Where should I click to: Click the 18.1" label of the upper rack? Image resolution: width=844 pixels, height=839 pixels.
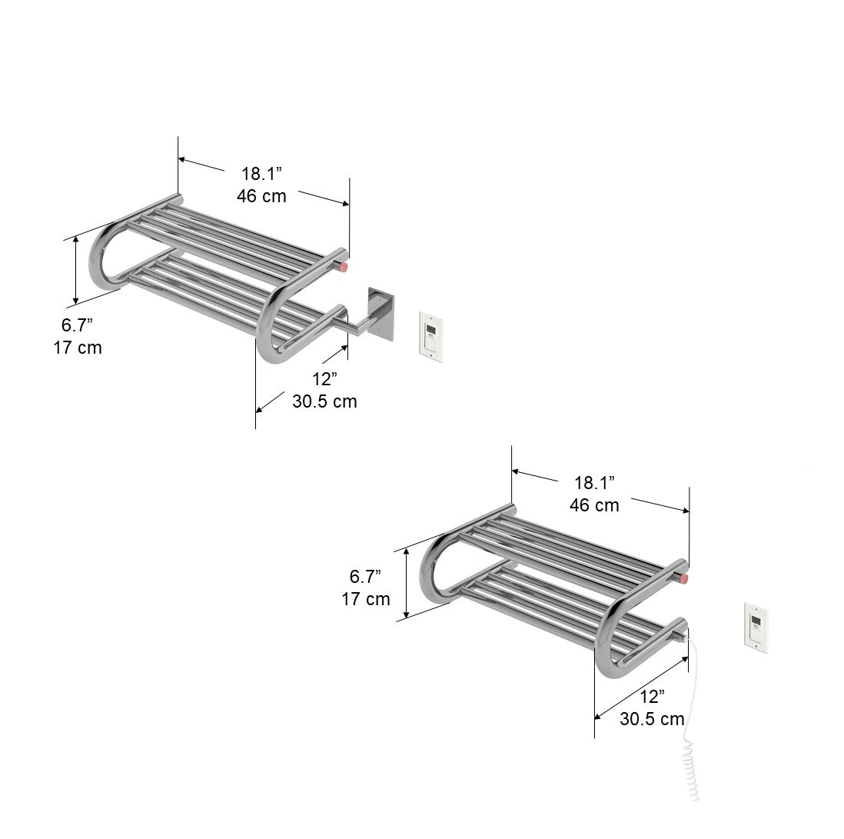click(261, 174)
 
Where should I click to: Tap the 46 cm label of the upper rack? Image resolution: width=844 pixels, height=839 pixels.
click(261, 196)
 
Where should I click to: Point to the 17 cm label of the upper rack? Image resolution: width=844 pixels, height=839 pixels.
click(77, 348)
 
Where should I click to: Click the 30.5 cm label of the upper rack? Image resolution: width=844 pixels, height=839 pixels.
click(324, 401)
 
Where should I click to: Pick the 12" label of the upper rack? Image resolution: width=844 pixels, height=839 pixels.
click(324, 379)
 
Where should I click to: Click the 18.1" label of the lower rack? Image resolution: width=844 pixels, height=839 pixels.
click(594, 483)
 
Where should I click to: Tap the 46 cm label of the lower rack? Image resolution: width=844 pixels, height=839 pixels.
click(594, 505)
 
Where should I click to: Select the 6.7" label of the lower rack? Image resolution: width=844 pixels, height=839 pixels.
click(366, 576)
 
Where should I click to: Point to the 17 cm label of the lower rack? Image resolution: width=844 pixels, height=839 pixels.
click(366, 599)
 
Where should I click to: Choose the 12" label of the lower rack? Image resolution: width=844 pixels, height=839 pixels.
click(652, 697)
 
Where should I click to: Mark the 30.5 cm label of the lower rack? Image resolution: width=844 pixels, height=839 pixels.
click(652, 719)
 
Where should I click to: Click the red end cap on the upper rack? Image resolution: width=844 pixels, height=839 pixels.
click(344, 267)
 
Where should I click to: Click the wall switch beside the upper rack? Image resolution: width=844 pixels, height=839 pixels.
click(431, 336)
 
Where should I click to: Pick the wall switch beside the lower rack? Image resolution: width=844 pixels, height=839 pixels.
click(756, 628)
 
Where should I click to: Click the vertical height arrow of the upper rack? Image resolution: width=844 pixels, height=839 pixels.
click(76, 270)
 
